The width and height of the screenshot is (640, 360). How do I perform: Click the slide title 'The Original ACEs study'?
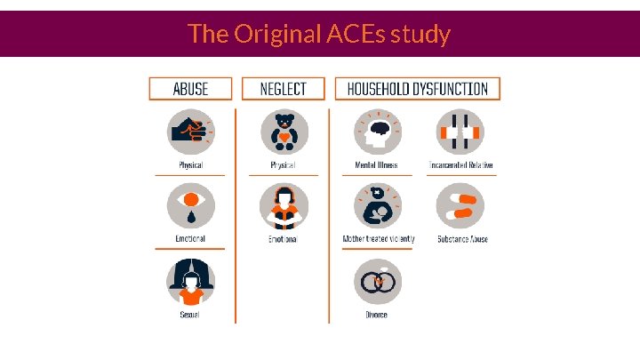319,34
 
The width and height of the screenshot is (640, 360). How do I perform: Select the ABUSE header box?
190,88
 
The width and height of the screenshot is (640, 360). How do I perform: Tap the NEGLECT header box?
283,88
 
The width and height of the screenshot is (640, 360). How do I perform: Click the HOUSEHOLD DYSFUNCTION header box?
417,88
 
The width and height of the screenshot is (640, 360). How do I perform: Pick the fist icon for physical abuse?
190,132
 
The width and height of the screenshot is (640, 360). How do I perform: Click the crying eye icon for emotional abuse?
190,205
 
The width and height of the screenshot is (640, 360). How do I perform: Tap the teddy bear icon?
283,132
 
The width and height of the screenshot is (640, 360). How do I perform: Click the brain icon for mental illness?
376,132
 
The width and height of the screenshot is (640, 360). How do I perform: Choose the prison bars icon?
460,132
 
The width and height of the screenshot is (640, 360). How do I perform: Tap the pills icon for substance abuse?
460,205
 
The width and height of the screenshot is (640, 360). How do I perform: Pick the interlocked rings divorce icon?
376,282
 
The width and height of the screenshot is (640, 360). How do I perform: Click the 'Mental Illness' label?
376,165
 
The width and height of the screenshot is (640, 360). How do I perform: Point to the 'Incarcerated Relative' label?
460,165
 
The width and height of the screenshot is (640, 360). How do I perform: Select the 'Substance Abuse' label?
462,239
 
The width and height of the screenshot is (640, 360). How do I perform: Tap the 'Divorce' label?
376,315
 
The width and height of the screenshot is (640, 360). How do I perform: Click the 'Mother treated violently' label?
379,239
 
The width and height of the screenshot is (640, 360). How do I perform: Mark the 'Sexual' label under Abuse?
190,315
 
